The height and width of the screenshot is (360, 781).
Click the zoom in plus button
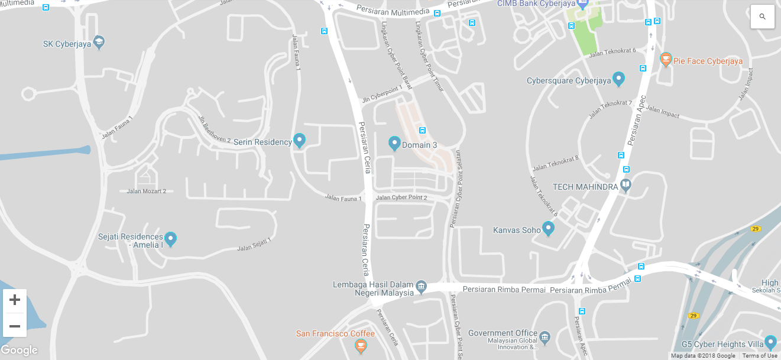15,300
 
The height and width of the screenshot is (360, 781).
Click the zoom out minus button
15,326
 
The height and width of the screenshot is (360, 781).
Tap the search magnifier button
762,17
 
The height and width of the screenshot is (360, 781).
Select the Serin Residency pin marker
300,141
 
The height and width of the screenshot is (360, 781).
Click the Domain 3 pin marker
394,143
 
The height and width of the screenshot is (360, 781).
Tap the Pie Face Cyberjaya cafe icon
666,60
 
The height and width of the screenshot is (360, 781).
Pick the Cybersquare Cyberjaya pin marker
618,78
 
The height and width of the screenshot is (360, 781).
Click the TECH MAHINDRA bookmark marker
626,186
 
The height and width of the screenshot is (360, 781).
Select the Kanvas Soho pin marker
548,228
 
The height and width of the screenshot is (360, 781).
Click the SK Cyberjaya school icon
99,43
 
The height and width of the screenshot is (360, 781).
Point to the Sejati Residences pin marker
170,239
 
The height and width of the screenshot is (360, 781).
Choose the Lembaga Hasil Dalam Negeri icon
421,287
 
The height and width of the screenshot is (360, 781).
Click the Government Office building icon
545,337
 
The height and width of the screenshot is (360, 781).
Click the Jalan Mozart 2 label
147,191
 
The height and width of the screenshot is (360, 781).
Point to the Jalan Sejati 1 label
254,245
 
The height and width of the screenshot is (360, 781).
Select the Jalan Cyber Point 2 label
401,197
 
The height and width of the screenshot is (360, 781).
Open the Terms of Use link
760,356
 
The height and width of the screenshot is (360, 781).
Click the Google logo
20,350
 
